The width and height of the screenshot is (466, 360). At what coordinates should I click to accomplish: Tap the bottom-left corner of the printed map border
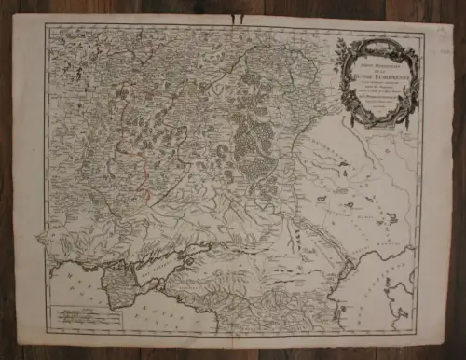click(48, 331)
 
